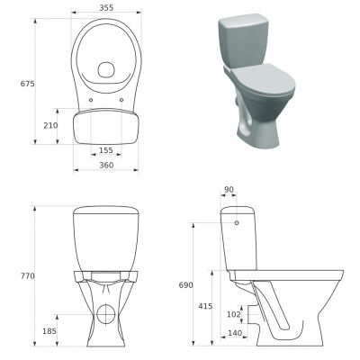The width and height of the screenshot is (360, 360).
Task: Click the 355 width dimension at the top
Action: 107,7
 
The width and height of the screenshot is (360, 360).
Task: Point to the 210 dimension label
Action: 51,125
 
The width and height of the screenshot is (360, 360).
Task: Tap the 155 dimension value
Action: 106,151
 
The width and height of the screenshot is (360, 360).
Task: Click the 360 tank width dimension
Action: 107,166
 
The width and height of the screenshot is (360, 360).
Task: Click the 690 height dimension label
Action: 184,284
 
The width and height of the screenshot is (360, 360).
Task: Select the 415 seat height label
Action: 205,306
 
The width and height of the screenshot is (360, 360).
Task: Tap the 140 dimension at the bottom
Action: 235,334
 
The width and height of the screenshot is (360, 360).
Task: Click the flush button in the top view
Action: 107,68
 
